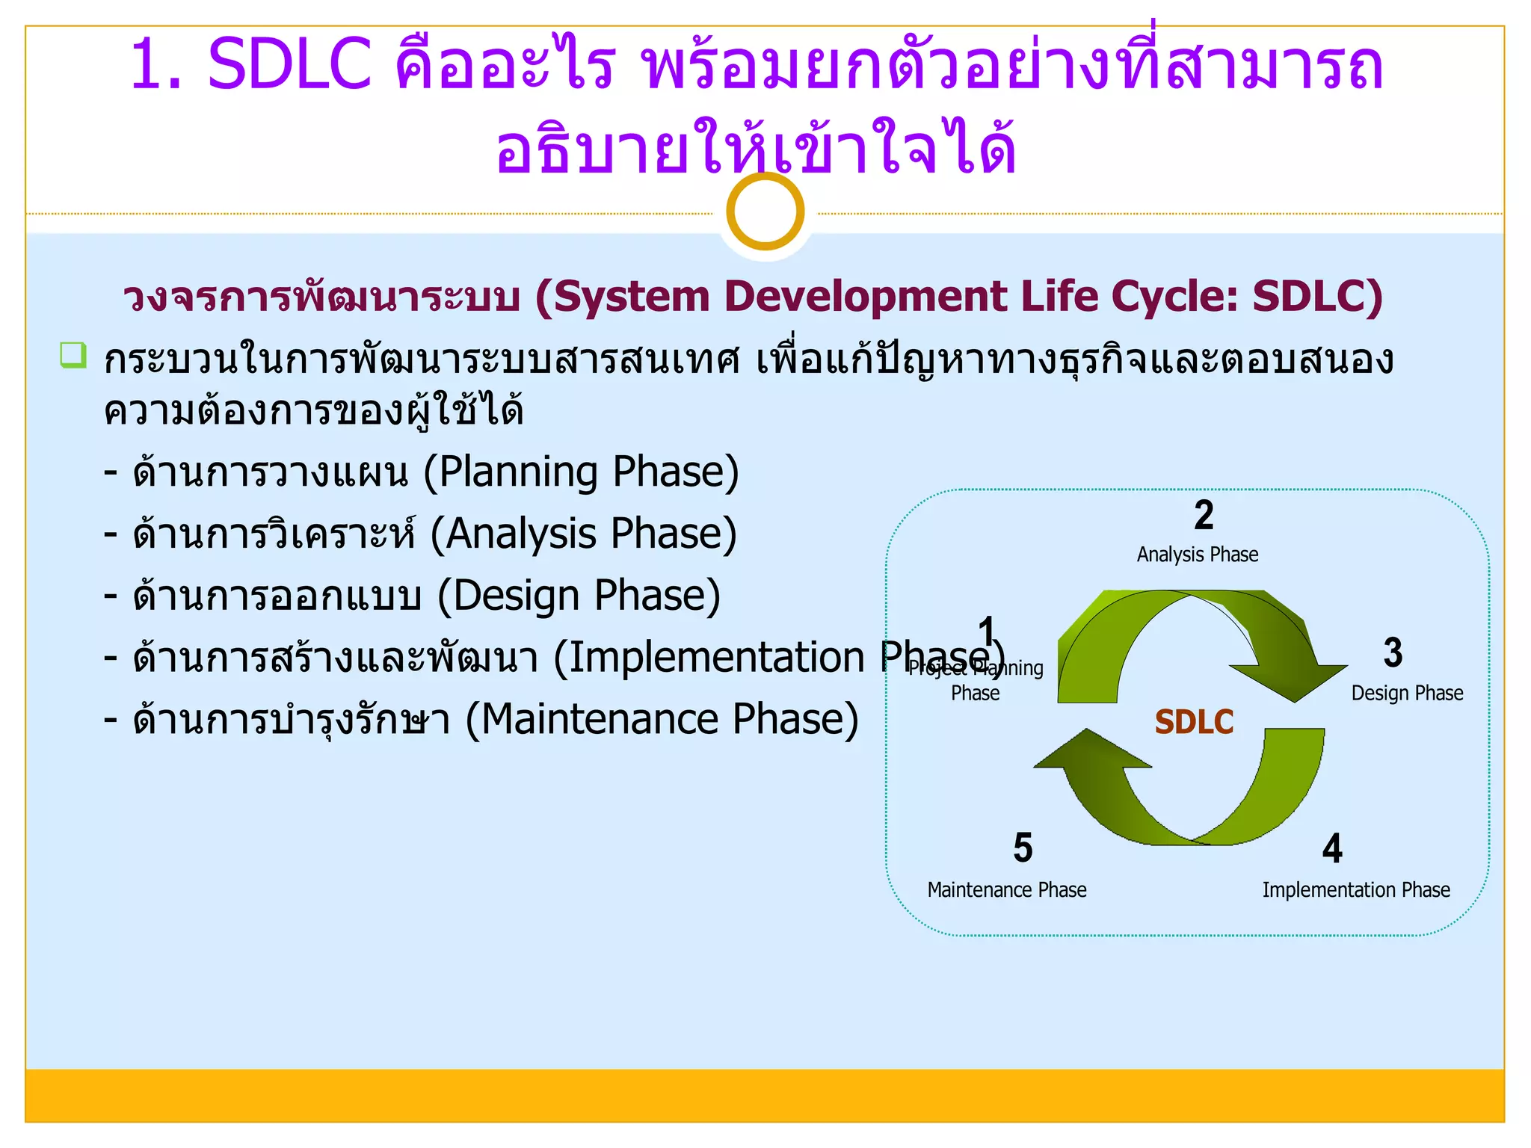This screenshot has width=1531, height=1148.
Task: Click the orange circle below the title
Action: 765,212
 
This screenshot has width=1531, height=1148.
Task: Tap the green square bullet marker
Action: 73,355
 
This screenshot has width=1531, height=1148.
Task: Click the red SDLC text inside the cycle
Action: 1194,722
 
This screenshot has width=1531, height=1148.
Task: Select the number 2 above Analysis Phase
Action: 1204,515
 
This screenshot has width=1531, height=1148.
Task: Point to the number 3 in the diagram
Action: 1393,652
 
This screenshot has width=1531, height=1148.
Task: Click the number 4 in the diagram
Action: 1332,848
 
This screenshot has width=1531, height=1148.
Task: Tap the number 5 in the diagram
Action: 1023,848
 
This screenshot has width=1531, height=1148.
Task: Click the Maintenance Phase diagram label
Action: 1006,890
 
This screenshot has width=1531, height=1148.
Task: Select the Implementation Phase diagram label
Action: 1355,890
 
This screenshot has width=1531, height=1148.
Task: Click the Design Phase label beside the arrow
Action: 1407,694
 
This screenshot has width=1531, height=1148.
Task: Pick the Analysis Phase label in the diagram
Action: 1197,555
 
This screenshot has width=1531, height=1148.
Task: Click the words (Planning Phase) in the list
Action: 581,472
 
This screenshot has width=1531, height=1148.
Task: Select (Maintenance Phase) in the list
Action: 662,719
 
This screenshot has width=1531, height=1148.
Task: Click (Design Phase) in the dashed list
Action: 579,596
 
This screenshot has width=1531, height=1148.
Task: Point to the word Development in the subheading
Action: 866,296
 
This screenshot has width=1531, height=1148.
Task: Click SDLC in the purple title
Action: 289,65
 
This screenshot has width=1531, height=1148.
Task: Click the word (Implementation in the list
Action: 709,658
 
